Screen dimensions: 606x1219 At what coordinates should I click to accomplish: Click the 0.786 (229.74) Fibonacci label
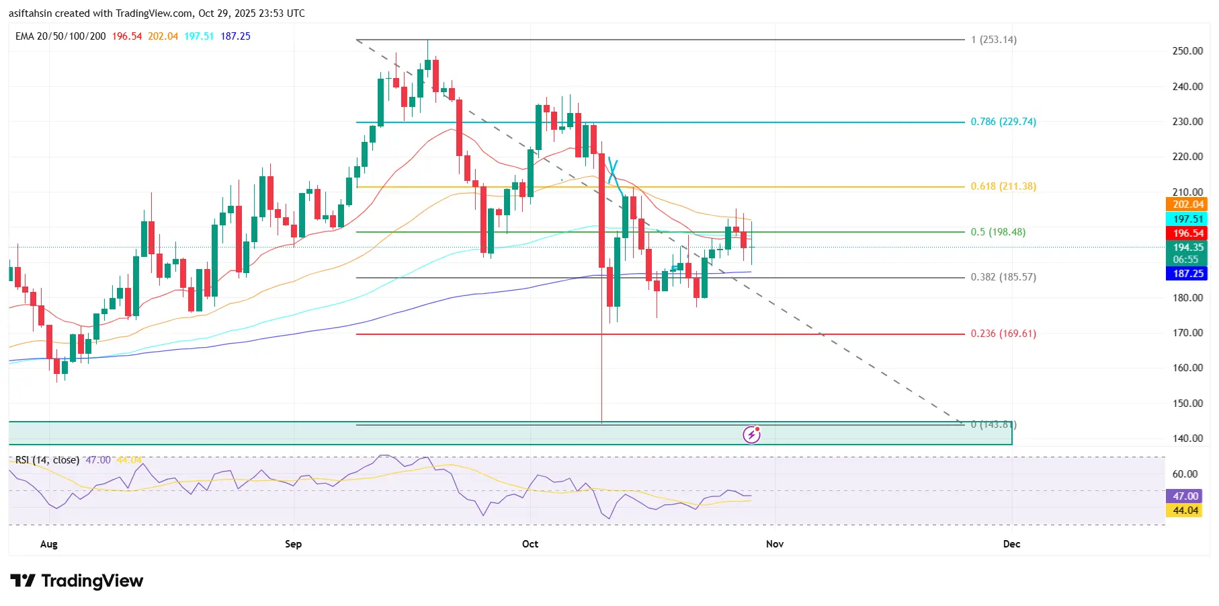click(x=1003, y=122)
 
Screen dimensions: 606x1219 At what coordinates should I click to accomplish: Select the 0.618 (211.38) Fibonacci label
click(x=1003, y=186)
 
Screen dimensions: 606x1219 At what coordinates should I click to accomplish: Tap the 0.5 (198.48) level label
click(x=997, y=232)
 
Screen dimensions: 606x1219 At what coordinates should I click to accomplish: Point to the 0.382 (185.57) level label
click(x=1003, y=277)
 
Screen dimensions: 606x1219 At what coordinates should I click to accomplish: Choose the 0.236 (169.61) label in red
click(x=1003, y=334)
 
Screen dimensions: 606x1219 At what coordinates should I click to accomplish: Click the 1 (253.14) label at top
click(x=993, y=40)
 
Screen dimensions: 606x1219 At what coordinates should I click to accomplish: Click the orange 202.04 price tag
click(x=1187, y=204)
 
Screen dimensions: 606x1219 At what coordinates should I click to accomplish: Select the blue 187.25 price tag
click(x=1187, y=274)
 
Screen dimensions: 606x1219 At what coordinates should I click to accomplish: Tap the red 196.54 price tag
click(x=1187, y=233)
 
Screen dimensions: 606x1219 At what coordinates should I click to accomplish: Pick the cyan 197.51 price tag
click(x=1187, y=219)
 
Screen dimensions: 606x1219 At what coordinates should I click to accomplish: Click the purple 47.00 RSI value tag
click(x=1185, y=496)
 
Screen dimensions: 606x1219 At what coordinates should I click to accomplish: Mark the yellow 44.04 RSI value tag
click(x=1185, y=510)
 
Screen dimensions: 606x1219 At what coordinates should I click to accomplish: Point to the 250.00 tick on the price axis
click(x=1187, y=51)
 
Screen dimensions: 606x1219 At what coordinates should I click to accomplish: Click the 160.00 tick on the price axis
click(x=1187, y=368)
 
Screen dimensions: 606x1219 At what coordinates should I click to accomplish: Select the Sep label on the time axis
click(x=293, y=544)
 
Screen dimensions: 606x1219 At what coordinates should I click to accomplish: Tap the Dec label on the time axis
click(x=1011, y=544)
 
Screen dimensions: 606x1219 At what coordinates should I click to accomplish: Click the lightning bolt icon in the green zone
click(x=751, y=434)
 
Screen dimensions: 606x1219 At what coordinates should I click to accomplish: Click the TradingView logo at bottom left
click(x=77, y=580)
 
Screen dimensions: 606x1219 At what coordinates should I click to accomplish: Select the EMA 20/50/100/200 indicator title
click(x=60, y=36)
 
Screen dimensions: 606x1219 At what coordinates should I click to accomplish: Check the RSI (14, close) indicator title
click(x=47, y=460)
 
